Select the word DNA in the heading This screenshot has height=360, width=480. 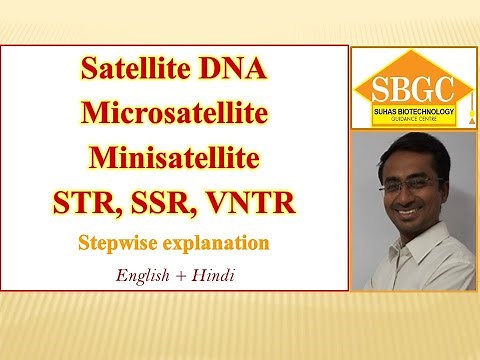pyautogui.click(x=234, y=73)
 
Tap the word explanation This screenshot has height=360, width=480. pyautogui.click(x=216, y=243)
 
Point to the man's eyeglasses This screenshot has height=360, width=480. pyautogui.click(x=409, y=184)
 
